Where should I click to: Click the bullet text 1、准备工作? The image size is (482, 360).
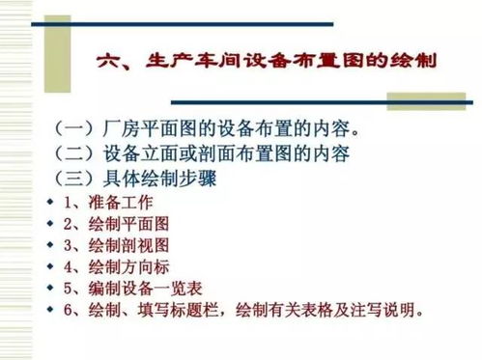click(x=106, y=203)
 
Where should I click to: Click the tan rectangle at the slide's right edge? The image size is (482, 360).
click(x=436, y=101)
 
